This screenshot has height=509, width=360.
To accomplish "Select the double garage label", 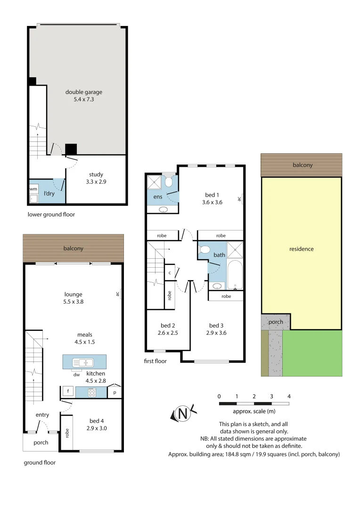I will click(x=84, y=92).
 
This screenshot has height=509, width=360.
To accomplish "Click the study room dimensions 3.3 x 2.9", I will click(x=96, y=181).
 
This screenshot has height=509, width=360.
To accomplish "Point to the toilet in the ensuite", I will click(x=169, y=181).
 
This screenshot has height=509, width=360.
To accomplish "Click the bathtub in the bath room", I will click(x=234, y=276).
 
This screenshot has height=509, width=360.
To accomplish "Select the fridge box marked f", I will click(x=68, y=391).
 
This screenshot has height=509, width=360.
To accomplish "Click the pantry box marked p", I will click(x=115, y=392).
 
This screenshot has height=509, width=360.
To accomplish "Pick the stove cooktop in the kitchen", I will click(x=92, y=391).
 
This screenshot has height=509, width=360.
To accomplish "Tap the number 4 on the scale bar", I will click(x=288, y=396).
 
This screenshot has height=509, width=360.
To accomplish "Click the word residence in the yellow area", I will click(x=301, y=249).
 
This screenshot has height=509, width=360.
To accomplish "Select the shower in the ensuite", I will click(x=154, y=182).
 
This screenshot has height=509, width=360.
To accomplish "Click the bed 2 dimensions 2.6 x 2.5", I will click(x=167, y=333).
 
